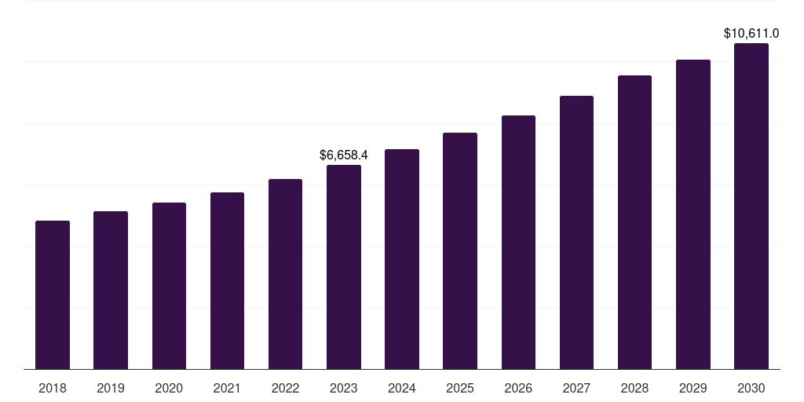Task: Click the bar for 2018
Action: tap(53, 295)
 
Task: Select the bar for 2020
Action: tap(169, 286)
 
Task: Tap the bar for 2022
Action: tap(285, 274)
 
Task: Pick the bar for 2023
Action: tap(344, 267)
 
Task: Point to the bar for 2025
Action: tap(460, 251)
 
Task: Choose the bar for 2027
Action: tap(576, 232)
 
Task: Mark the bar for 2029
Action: tap(693, 214)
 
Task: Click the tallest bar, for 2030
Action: tap(751, 206)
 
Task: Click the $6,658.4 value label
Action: tap(344, 155)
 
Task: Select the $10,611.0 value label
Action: tap(751, 34)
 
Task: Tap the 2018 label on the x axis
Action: tap(53, 388)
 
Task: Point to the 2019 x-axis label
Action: tap(111, 388)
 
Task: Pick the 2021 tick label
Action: tap(227, 388)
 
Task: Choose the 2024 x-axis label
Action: tap(402, 388)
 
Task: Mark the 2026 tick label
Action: tap(518, 388)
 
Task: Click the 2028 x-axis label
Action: tap(634, 388)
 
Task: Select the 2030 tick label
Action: tap(751, 388)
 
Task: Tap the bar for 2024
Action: tap(402, 259)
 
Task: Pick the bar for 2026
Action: tap(518, 243)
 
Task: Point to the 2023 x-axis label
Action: tap(344, 388)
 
